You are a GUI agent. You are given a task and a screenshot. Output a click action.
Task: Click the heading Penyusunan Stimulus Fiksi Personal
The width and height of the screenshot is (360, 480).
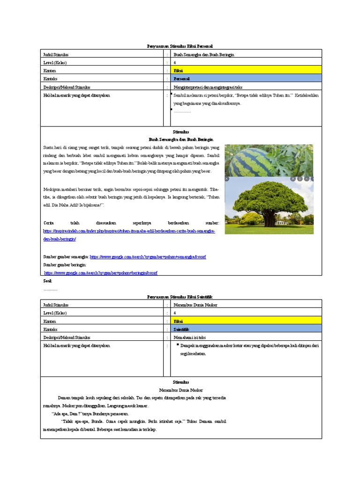[180, 46]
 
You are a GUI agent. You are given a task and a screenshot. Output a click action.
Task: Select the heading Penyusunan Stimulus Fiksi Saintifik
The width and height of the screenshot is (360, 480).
[180, 297]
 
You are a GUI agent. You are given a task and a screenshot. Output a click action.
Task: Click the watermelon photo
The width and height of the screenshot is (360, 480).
[269, 160]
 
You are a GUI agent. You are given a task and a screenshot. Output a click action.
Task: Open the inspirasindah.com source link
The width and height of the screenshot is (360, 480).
[129, 232]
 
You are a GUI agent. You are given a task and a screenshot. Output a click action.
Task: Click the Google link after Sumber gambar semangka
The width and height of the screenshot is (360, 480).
[148, 257]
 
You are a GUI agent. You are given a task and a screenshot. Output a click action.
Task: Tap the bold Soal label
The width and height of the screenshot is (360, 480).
[47, 280]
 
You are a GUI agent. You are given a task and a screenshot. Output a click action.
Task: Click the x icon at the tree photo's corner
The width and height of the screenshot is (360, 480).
[227, 179]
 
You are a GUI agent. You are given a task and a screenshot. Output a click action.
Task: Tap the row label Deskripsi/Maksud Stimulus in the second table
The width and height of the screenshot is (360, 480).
[67, 337]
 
